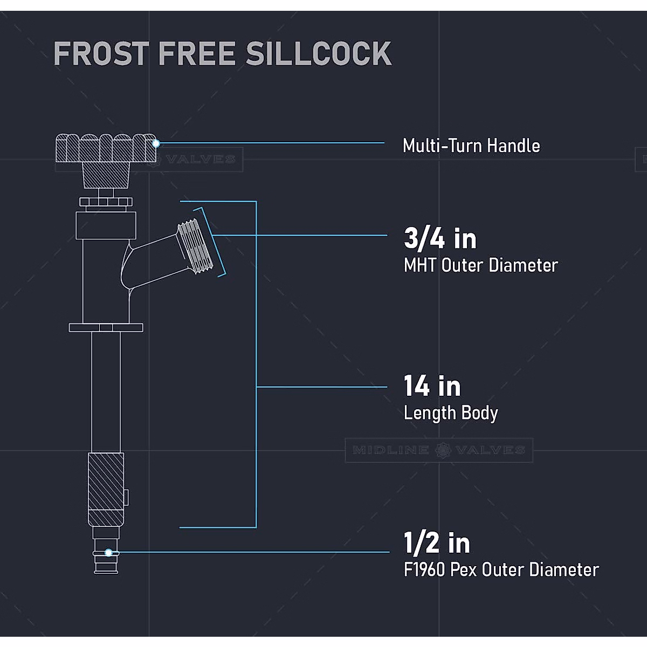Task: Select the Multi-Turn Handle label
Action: tap(471, 146)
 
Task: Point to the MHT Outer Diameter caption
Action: tap(480, 265)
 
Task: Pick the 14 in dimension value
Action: tap(432, 386)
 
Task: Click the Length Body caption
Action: tap(451, 413)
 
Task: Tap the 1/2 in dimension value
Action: tap(437, 543)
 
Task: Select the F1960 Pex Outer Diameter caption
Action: tap(501, 570)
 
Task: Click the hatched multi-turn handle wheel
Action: tap(106, 148)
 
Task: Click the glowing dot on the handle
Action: tap(156, 143)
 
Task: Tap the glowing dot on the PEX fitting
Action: tap(108, 552)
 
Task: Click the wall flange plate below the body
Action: tap(106, 327)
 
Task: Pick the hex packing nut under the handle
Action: tap(106, 202)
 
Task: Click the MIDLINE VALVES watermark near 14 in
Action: tap(438, 450)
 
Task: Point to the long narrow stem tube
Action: tap(106, 391)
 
